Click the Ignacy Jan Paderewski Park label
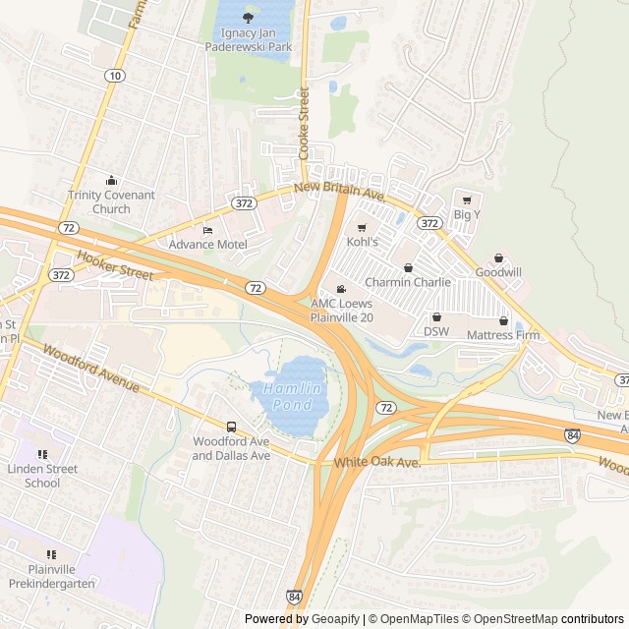click(248, 38)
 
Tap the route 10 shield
click(116, 76)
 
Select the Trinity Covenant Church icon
click(111, 180)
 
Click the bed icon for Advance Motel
click(206, 230)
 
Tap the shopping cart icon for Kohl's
click(362, 227)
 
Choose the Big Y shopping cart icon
click(467, 200)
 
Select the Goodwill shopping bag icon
click(498, 257)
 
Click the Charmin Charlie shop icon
click(408, 267)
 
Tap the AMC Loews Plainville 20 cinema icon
click(341, 289)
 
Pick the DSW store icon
click(436, 317)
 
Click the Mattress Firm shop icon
click(503, 320)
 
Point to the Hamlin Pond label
click(291, 395)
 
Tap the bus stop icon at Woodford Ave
click(231, 427)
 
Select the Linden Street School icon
click(42, 454)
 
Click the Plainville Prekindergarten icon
click(51, 554)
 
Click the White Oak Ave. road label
click(376, 462)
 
